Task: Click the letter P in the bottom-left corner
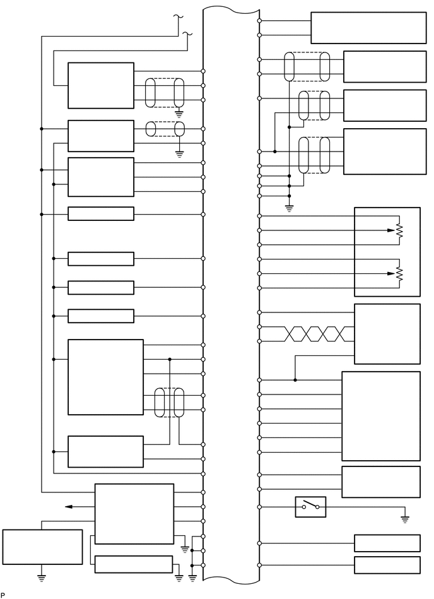[3, 595]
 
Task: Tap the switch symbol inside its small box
[310, 506]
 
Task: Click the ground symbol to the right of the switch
[405, 519]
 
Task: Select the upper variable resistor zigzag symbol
[399, 231]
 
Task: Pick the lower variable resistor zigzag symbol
[399, 274]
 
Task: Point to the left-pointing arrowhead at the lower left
[68, 506]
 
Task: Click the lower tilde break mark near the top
[187, 33]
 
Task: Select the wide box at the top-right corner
[368, 28]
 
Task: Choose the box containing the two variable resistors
[387, 251]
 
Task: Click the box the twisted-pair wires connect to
[387, 334]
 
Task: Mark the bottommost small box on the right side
[387, 565]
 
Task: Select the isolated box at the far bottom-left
[42, 547]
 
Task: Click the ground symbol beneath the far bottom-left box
[42, 576]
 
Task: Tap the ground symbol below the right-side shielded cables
[289, 208]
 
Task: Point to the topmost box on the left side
[101, 85]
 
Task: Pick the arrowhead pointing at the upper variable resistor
[391, 230]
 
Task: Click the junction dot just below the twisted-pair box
[295, 380]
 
